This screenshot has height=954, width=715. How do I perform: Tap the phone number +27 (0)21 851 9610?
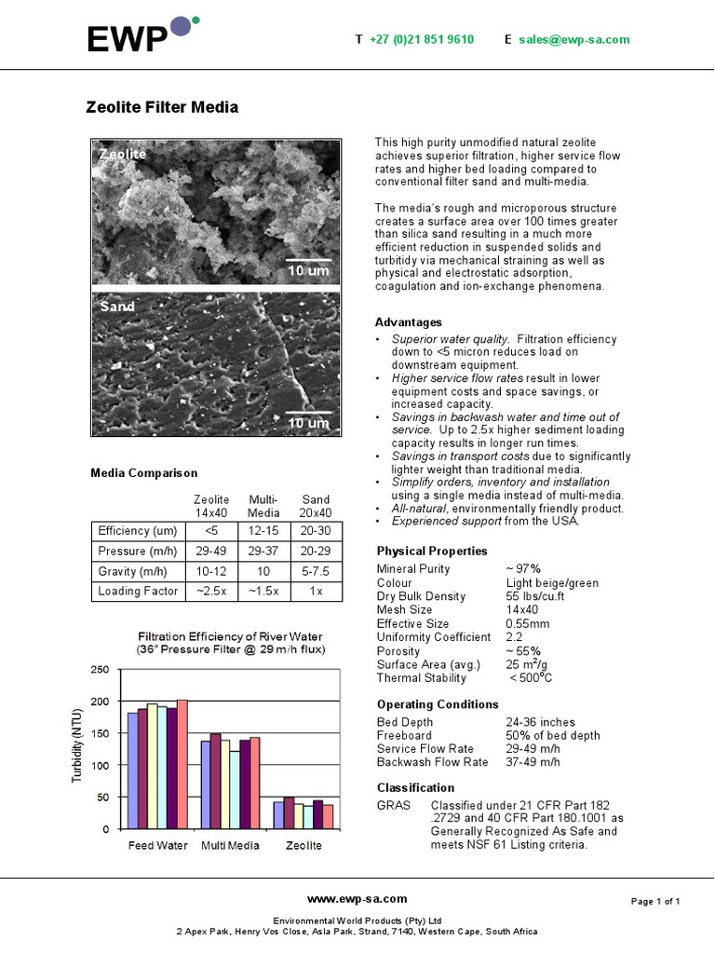[421, 39]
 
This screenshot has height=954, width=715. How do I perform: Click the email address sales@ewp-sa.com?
[573, 39]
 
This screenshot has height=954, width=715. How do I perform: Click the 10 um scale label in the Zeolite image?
[308, 270]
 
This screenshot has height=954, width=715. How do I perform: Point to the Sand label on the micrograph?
[117, 307]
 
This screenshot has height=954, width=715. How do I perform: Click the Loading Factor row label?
[138, 592]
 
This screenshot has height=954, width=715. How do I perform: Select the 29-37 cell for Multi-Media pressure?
[264, 552]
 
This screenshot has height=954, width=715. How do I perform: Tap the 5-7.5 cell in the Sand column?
[317, 571]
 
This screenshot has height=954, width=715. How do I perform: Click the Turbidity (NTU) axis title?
[78, 745]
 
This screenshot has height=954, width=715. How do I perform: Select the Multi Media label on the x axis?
[231, 846]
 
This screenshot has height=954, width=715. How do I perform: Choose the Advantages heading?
[409, 322]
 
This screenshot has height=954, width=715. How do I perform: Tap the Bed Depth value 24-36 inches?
[540, 722]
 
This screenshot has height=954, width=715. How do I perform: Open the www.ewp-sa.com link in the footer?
[357, 899]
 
